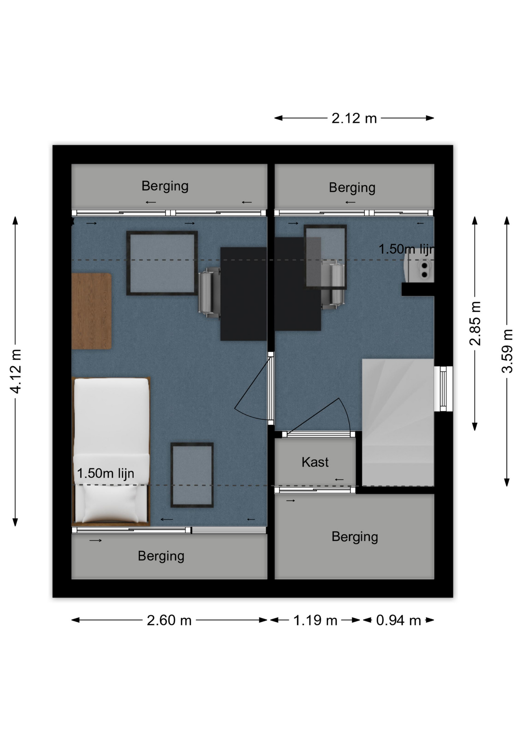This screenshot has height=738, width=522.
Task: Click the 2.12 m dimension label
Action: click(354, 118)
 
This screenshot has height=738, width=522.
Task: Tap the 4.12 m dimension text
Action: click(15, 371)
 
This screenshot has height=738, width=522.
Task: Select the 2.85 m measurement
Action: click(475, 323)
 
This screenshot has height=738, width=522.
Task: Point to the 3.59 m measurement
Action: click(507, 351)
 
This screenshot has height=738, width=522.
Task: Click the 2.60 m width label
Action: click(169, 620)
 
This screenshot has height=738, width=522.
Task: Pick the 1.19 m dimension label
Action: click(315, 620)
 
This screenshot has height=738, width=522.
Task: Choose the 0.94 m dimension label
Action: click(399, 620)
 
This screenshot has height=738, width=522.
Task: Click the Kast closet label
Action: click(315, 462)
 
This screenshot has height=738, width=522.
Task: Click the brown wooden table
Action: click(91, 311)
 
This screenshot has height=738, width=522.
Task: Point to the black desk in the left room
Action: click(244, 294)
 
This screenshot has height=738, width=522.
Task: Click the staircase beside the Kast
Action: click(398, 422)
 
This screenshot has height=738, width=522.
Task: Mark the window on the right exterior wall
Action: click(443, 389)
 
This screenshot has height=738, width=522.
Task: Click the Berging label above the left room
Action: click(165, 186)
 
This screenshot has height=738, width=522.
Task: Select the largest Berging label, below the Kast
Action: click(355, 537)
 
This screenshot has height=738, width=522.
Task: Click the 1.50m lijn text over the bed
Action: click(106, 473)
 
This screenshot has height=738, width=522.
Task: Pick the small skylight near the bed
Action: click(192, 475)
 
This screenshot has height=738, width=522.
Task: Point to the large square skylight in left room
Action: click(162, 263)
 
